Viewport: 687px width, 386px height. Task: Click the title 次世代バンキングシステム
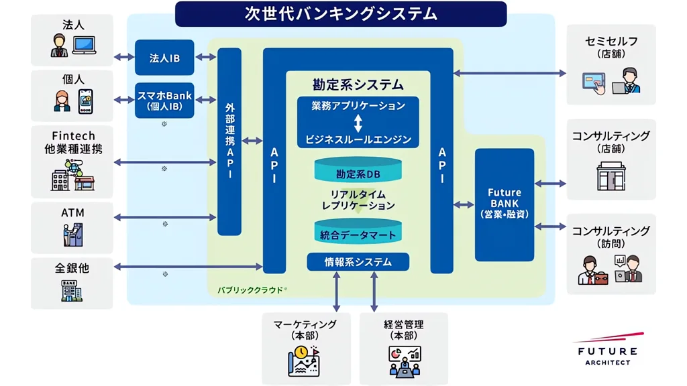click(341, 13)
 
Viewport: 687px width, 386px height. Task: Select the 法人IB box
click(164, 58)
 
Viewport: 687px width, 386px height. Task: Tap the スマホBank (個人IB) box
click(164, 100)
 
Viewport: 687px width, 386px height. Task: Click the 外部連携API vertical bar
click(229, 141)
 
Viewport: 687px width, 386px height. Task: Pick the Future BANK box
click(505, 204)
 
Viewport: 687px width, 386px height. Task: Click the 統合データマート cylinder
click(358, 233)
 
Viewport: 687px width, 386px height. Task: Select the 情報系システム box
click(358, 261)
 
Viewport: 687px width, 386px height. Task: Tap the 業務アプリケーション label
click(358, 106)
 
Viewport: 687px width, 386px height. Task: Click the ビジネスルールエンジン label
click(358, 140)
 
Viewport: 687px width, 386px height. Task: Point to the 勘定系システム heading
click(358, 84)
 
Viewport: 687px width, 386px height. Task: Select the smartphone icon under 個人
click(85, 101)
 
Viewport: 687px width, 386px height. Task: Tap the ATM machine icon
click(72, 235)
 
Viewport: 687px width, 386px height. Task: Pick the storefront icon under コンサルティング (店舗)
click(611, 176)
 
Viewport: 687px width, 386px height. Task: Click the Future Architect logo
click(605, 348)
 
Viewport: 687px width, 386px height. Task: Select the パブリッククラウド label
click(249, 291)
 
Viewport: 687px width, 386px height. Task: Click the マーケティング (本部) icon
click(304, 361)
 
